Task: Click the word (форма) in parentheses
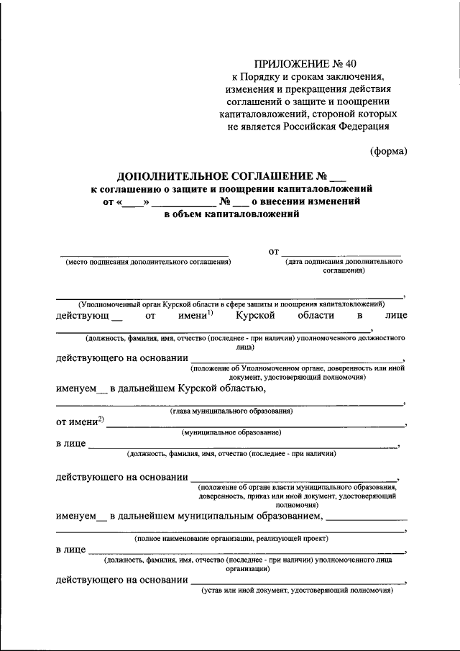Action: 388,151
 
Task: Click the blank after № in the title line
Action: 337,176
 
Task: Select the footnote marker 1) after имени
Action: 211,311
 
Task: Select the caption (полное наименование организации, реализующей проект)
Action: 231,539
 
